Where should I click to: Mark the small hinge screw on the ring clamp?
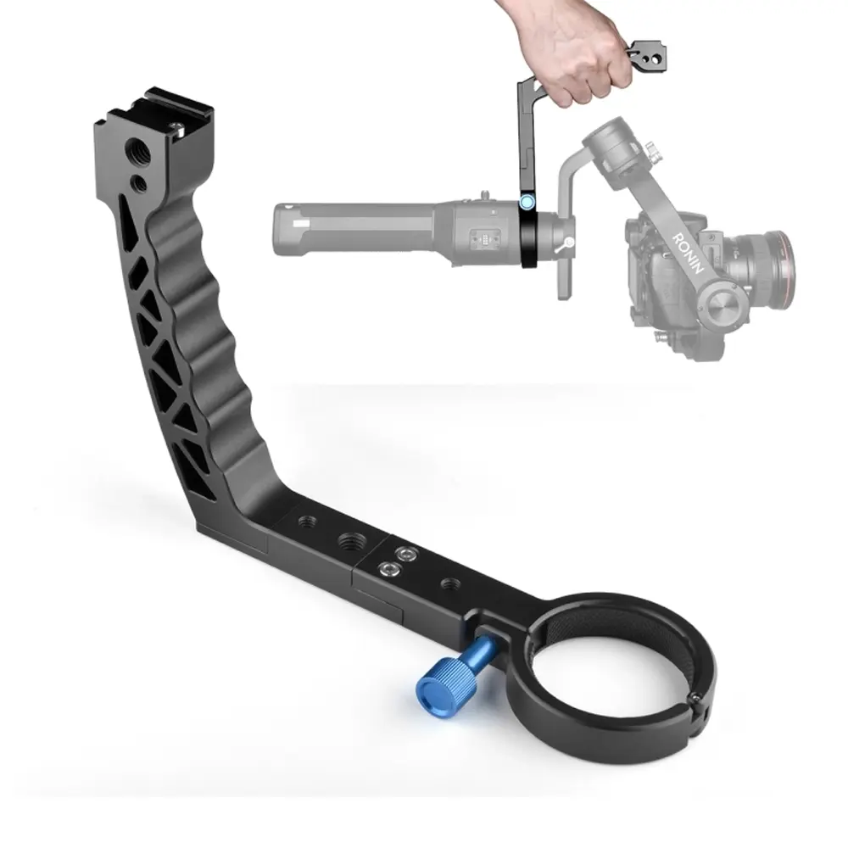point(697,700)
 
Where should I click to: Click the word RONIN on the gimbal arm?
point(688,253)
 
